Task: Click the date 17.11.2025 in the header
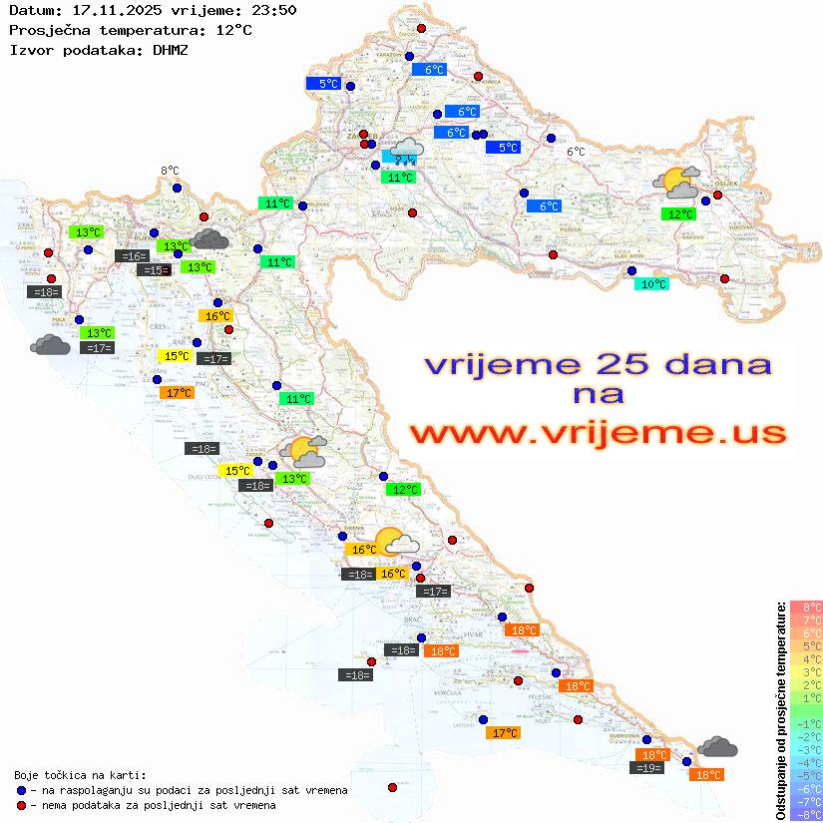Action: pyautogui.click(x=110, y=11)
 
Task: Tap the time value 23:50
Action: pyautogui.click(x=274, y=11)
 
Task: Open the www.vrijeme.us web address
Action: pyautogui.click(x=598, y=433)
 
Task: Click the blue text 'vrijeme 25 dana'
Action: pyautogui.click(x=598, y=364)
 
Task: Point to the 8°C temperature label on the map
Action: pyautogui.click(x=170, y=172)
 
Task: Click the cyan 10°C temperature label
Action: pyautogui.click(x=653, y=284)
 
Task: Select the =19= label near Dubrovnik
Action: pyautogui.click(x=647, y=768)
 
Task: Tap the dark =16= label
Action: pyautogui.click(x=132, y=256)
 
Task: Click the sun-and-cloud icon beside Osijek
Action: pyautogui.click(x=676, y=182)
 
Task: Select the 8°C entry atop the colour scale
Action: pyautogui.click(x=806, y=607)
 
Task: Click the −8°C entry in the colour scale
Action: pyautogui.click(x=806, y=814)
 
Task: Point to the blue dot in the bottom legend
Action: pyautogui.click(x=22, y=790)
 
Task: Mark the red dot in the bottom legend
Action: pyautogui.click(x=22, y=805)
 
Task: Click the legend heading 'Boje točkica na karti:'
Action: pyautogui.click(x=80, y=775)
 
